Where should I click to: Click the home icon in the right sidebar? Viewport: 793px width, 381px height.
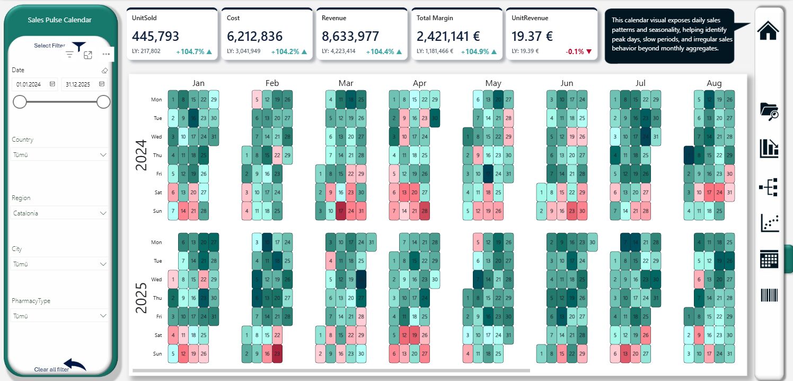768,30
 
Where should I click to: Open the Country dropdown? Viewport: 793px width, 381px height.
60,154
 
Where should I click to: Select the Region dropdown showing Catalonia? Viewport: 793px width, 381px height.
60,213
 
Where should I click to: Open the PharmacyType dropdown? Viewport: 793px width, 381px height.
60,316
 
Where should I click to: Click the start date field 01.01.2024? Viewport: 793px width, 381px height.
34,84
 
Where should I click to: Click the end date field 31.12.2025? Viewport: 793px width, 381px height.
84,84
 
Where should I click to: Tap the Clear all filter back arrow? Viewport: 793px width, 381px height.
75,365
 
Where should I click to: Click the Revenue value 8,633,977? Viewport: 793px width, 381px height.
350,37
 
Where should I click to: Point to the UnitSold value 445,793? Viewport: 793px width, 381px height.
156,37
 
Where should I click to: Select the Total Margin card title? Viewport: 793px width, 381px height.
435,18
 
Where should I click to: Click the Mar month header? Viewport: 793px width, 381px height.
346,83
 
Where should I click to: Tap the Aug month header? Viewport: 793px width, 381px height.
714,83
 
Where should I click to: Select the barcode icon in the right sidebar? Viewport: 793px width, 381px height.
769,296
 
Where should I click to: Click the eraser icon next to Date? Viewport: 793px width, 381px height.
104,70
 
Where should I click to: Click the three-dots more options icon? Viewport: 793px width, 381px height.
106,54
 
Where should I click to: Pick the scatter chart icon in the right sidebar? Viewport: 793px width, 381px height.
769,223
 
